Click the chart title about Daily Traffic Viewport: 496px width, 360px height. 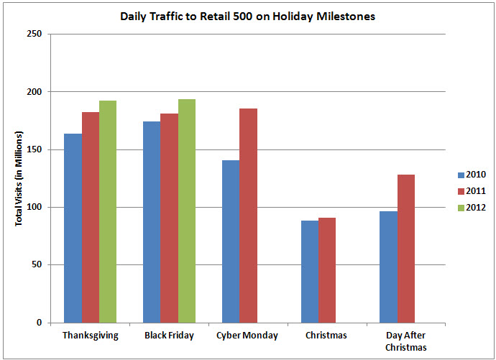pos(247,16)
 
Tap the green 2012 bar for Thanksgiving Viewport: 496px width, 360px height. pos(108,211)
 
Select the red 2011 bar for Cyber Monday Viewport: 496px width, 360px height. pos(249,216)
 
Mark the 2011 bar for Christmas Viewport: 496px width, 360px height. pos(327,270)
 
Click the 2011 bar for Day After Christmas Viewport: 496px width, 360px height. pos(406,249)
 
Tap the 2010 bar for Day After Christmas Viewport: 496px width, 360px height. pos(388,267)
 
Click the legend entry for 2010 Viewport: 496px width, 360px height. pos(471,175)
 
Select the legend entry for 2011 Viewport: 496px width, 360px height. pos(471,191)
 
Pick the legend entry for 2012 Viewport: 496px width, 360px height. pos(471,208)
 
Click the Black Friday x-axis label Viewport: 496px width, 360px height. pos(169,336)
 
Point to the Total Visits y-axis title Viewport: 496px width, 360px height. pos(19,179)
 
